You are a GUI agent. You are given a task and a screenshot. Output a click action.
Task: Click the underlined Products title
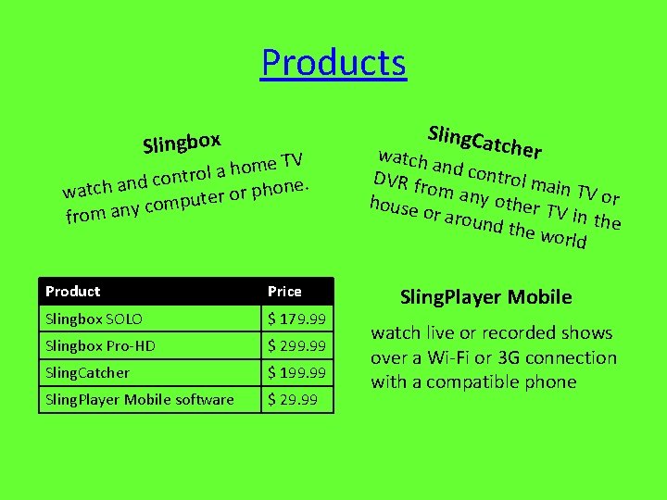click(333, 63)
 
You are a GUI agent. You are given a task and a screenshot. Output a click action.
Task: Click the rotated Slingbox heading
click(182, 142)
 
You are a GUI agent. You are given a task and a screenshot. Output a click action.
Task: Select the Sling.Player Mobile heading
click(485, 297)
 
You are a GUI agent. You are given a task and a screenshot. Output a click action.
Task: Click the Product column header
click(73, 291)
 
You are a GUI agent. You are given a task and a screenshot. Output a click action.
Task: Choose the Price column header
click(284, 291)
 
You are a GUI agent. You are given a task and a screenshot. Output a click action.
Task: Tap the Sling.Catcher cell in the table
click(88, 372)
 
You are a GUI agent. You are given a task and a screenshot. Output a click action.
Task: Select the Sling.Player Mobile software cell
click(140, 399)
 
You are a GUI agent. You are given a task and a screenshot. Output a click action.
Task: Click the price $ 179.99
click(297, 319)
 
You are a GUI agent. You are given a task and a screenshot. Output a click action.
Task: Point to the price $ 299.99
click(297, 345)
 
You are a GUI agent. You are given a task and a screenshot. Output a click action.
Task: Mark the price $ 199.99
click(297, 372)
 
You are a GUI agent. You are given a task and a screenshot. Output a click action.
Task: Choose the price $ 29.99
click(293, 399)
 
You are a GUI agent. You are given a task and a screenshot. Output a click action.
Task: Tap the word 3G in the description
click(514, 357)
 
